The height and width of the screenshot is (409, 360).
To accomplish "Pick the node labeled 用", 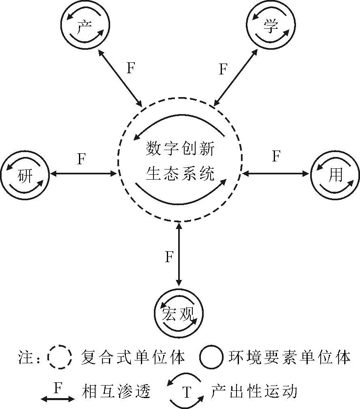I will coord(335,175).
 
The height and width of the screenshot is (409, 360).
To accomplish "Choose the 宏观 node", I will coord(179,313).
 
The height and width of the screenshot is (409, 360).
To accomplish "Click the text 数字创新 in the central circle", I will coord(180,150).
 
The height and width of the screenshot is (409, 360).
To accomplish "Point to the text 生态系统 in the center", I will coord(180,174).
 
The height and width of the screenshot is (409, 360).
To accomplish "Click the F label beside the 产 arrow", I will coord(130,68).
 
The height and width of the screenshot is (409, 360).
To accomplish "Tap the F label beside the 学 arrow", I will coord(223,69).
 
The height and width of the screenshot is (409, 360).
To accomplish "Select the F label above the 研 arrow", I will coord(81,159).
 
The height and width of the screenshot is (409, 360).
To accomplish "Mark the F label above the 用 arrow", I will coord(276,156).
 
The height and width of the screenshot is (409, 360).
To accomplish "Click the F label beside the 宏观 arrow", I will coord(169,257).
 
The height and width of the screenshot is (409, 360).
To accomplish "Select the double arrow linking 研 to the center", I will coord(83,174).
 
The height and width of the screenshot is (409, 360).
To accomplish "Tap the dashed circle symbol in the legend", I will coord(59,357).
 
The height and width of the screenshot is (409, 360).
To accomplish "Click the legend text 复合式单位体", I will coord(133,357).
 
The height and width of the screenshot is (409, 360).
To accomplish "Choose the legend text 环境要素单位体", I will coord(289,357).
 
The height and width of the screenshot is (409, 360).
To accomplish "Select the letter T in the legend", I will coord(186,392).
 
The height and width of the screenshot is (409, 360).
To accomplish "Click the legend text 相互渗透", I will coord(116,392).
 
